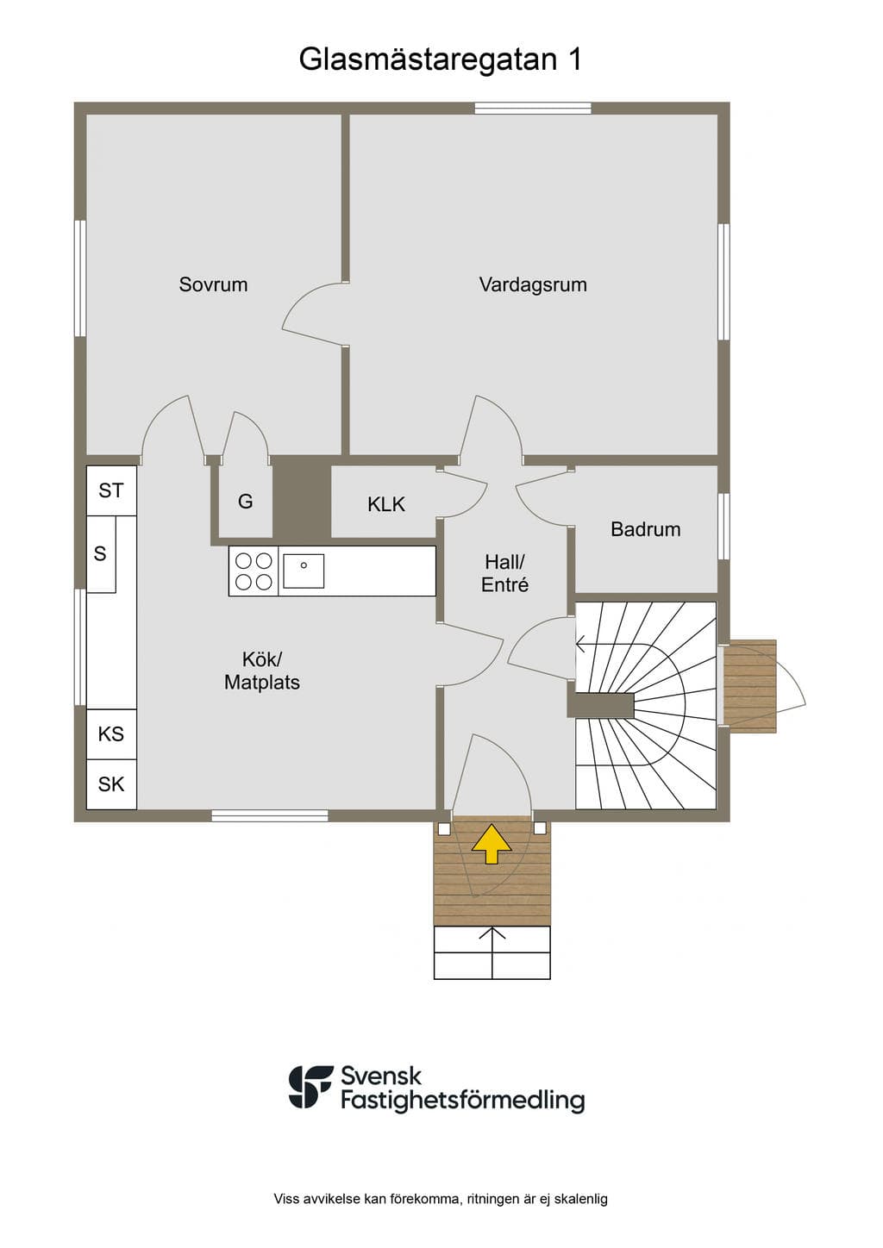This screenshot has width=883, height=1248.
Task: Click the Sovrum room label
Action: click(x=213, y=284)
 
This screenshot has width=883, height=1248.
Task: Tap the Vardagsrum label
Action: click(x=533, y=284)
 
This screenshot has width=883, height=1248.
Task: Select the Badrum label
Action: click(x=646, y=529)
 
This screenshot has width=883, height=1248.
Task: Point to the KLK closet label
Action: click(x=385, y=504)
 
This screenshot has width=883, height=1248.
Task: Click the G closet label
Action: click(x=245, y=502)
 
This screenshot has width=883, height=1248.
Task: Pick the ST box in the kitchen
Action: click(x=111, y=491)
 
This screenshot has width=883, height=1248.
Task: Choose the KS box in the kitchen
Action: click(x=111, y=734)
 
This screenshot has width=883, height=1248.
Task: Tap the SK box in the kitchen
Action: click(x=111, y=784)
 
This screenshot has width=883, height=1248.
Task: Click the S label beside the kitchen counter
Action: click(x=100, y=554)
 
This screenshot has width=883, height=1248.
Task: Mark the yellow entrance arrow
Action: click(x=492, y=844)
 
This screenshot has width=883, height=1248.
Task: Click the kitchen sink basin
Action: click(x=304, y=571)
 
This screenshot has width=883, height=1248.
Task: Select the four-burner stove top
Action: click(x=254, y=571)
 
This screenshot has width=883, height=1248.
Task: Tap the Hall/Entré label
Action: click(x=505, y=574)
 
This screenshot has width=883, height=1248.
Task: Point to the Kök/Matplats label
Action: click(x=262, y=671)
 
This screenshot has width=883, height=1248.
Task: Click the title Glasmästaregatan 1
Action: click(x=441, y=59)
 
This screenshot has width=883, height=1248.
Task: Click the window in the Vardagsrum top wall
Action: click(x=533, y=108)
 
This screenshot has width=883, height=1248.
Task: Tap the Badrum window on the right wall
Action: click(x=723, y=526)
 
